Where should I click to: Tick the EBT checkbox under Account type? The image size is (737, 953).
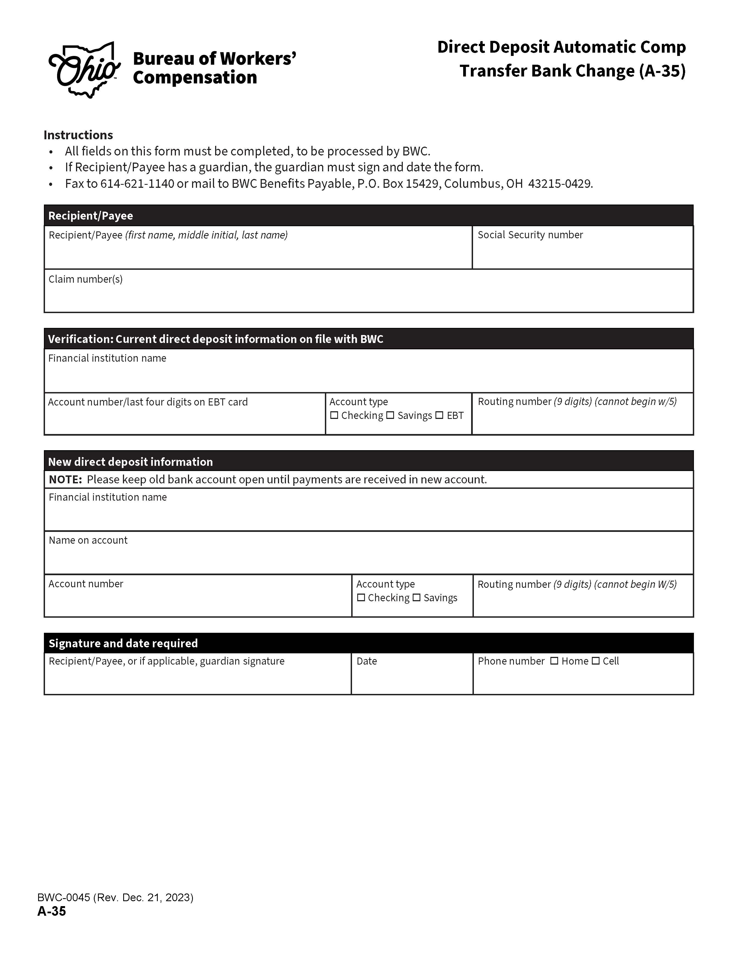click(439, 415)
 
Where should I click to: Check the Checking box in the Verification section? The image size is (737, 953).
click(334, 415)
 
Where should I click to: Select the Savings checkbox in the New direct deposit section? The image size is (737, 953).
click(417, 597)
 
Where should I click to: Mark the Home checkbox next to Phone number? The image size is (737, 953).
click(554, 661)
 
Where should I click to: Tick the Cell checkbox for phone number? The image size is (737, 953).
click(595, 661)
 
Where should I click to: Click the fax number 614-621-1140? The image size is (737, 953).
click(137, 184)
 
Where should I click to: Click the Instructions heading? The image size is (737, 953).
click(78, 135)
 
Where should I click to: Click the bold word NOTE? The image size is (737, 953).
click(66, 480)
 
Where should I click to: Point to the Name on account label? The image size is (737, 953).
click(88, 540)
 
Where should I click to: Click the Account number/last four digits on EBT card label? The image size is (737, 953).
click(148, 402)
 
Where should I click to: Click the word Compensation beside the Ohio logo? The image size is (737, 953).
click(195, 78)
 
